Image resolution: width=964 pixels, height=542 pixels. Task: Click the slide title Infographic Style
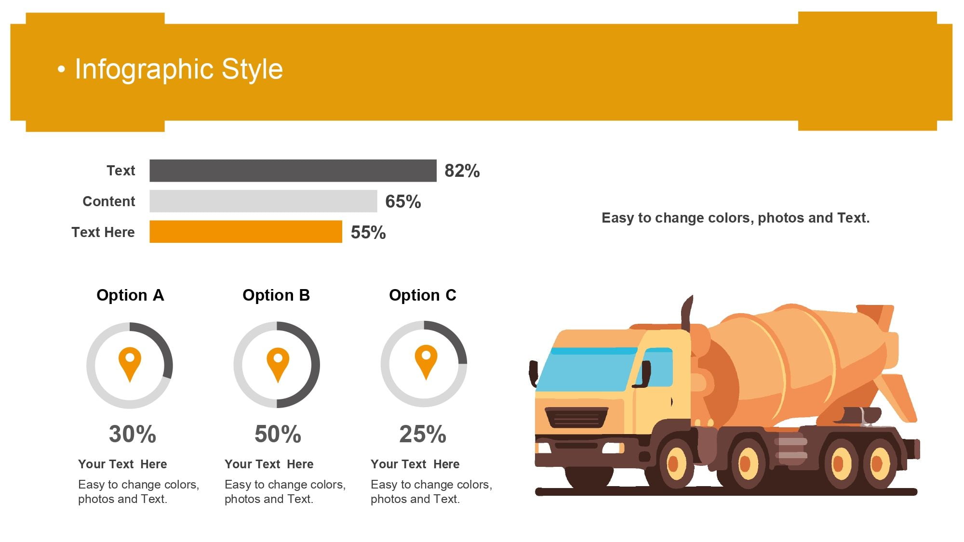click(x=179, y=69)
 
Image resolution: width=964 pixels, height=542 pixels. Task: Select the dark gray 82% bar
click(x=293, y=171)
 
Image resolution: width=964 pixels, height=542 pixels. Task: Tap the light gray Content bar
click(x=263, y=201)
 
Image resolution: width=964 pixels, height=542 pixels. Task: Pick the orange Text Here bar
click(x=246, y=232)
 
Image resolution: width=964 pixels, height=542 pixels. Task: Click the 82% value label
click(x=462, y=171)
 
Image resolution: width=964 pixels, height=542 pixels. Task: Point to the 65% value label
click(x=403, y=202)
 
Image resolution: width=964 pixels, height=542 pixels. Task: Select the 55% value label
click(x=368, y=233)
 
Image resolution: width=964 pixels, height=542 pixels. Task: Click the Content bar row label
click(x=109, y=201)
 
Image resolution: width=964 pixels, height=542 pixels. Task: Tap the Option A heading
click(x=130, y=295)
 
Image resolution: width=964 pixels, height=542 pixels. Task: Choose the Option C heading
click(x=423, y=295)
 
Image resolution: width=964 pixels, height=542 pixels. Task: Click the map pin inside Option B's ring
click(x=278, y=365)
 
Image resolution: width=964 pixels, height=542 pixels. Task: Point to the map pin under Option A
click(x=130, y=365)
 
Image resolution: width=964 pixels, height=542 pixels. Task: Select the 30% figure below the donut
click(x=133, y=434)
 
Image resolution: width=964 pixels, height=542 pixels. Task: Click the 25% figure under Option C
click(x=423, y=434)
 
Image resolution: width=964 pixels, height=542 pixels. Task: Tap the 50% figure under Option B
click(x=278, y=434)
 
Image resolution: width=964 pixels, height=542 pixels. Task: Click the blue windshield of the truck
click(x=586, y=369)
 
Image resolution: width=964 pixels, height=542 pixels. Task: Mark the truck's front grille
click(x=576, y=417)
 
